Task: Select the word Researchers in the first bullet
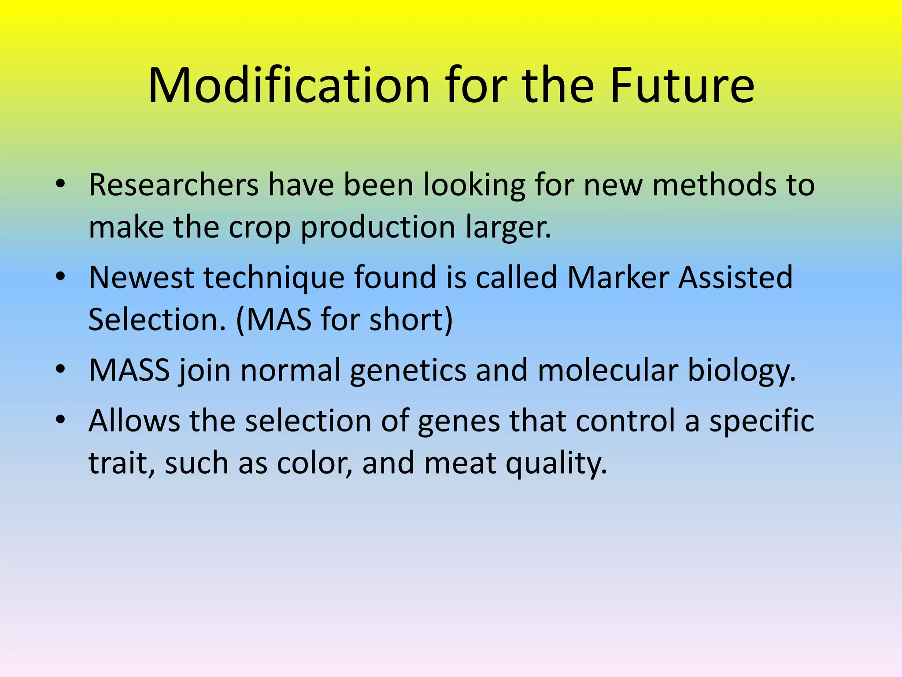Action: click(x=174, y=185)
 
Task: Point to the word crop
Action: click(x=260, y=227)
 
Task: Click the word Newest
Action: click(x=141, y=277)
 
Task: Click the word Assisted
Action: click(x=736, y=277)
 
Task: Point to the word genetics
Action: click(x=408, y=371)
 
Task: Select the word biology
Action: click(x=742, y=371)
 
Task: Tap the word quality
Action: click(x=556, y=464)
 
